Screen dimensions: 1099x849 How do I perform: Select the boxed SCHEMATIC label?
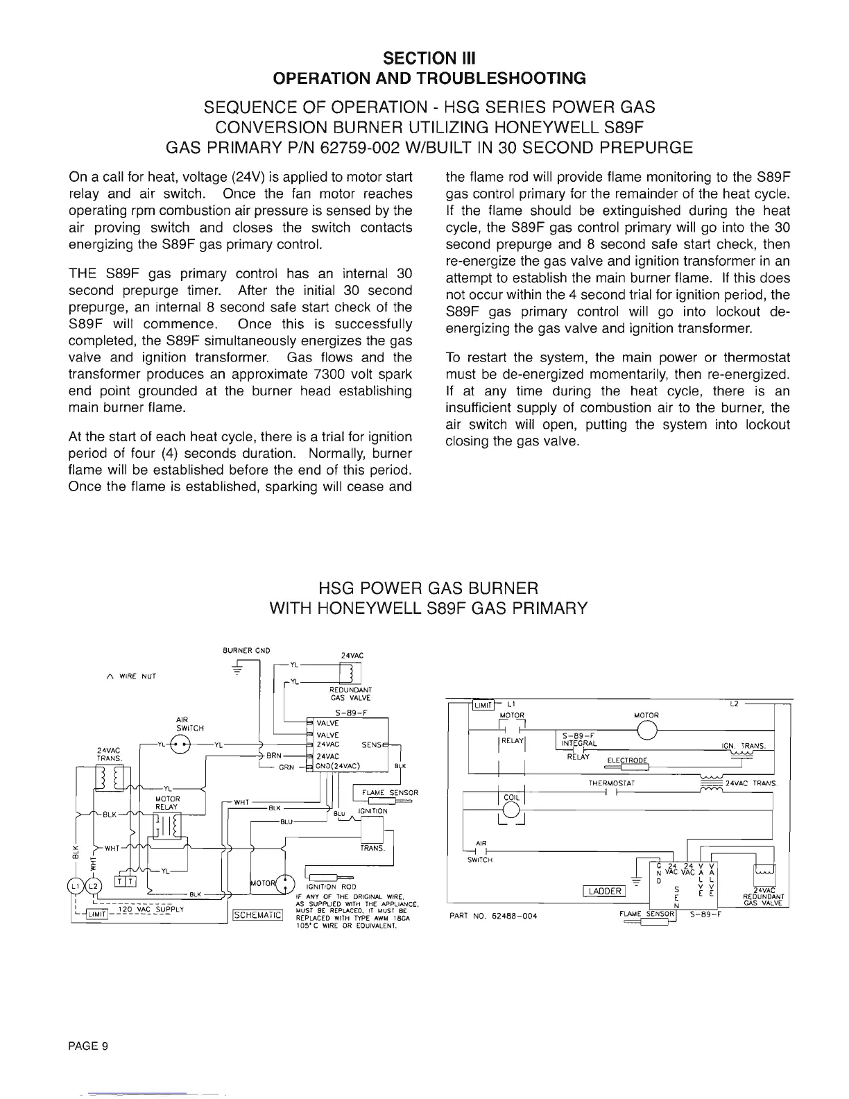(257, 915)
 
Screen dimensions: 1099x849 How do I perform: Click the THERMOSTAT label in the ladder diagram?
(608, 783)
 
